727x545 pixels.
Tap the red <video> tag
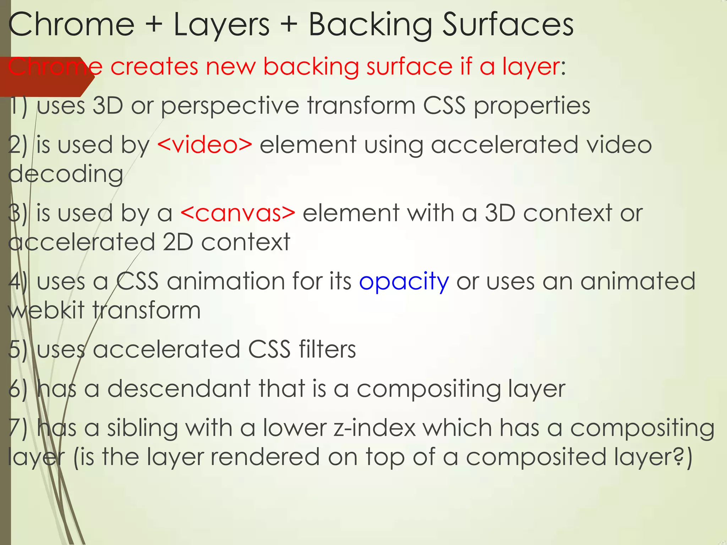coord(204,145)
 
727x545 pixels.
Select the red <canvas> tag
coord(238,213)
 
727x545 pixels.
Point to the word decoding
coord(66,174)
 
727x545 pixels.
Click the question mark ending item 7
coord(678,457)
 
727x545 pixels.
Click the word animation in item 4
coord(226,281)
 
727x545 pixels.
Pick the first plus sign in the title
coord(154,25)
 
